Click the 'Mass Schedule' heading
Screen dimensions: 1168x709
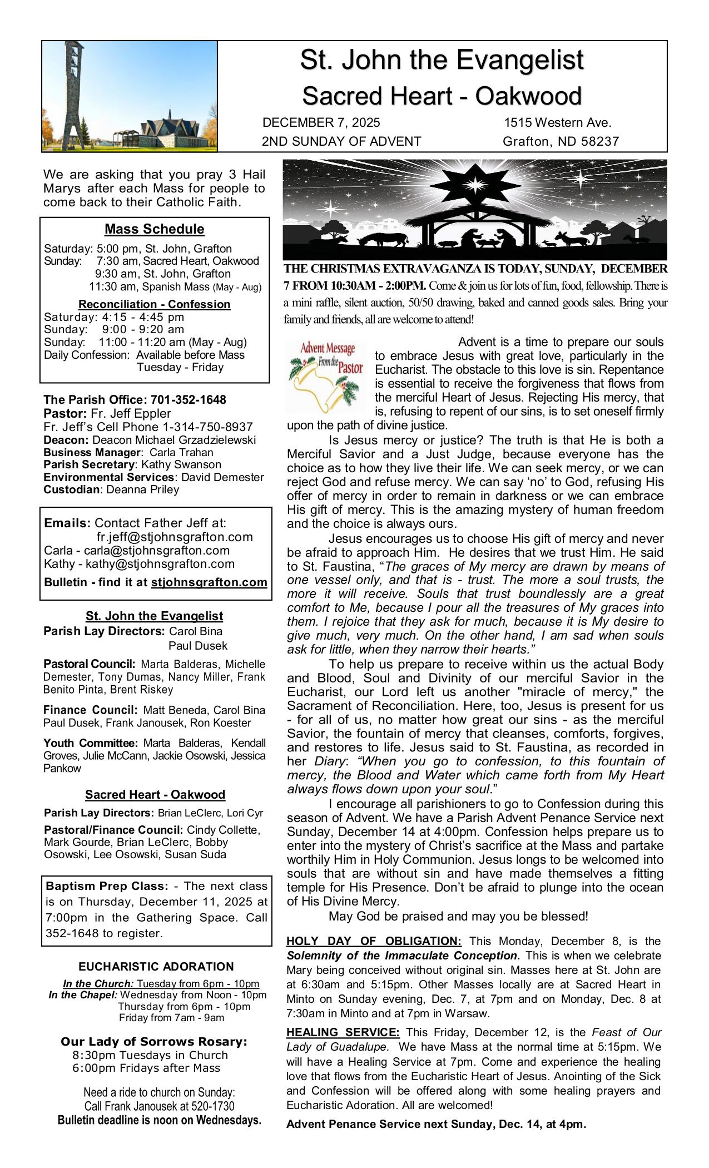tap(154, 229)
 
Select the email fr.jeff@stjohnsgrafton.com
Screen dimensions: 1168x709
tap(175, 537)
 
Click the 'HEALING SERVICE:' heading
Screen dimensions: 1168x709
tap(343, 1033)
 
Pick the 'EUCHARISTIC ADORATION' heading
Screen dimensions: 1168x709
tap(156, 967)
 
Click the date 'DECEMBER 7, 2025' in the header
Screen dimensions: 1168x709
tap(321, 123)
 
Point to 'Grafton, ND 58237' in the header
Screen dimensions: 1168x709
tap(560, 142)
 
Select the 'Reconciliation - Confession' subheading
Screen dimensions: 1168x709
tap(154, 304)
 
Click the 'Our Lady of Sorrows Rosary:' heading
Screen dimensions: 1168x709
tap(153, 1042)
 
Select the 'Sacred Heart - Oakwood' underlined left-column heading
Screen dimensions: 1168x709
tap(155, 795)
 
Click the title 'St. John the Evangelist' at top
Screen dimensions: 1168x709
tap(442, 60)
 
